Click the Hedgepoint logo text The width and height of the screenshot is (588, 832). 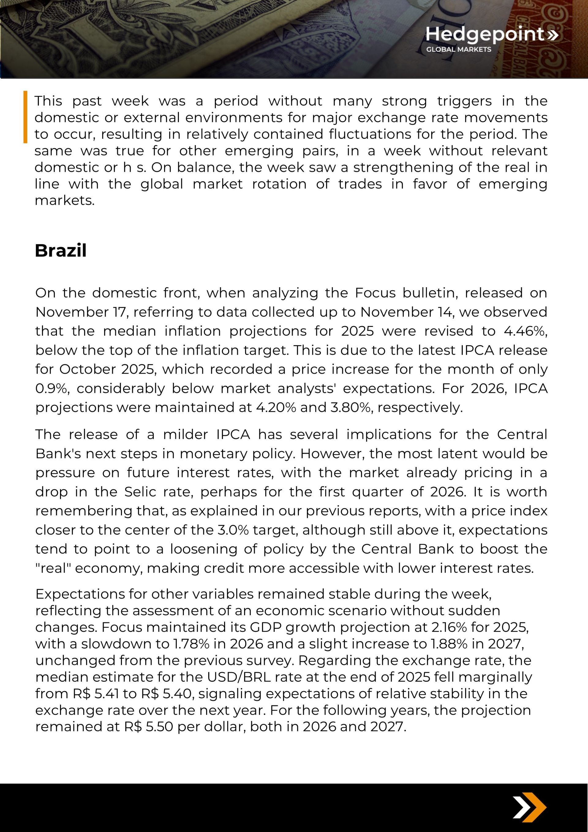[x=485, y=34]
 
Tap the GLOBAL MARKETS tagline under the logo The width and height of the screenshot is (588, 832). [x=458, y=49]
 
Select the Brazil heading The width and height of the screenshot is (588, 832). [x=61, y=250]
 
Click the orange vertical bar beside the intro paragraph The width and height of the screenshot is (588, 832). [x=25, y=117]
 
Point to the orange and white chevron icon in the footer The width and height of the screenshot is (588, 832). [x=529, y=808]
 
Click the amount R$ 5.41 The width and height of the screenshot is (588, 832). [x=95, y=694]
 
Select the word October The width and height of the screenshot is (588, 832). [x=87, y=369]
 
